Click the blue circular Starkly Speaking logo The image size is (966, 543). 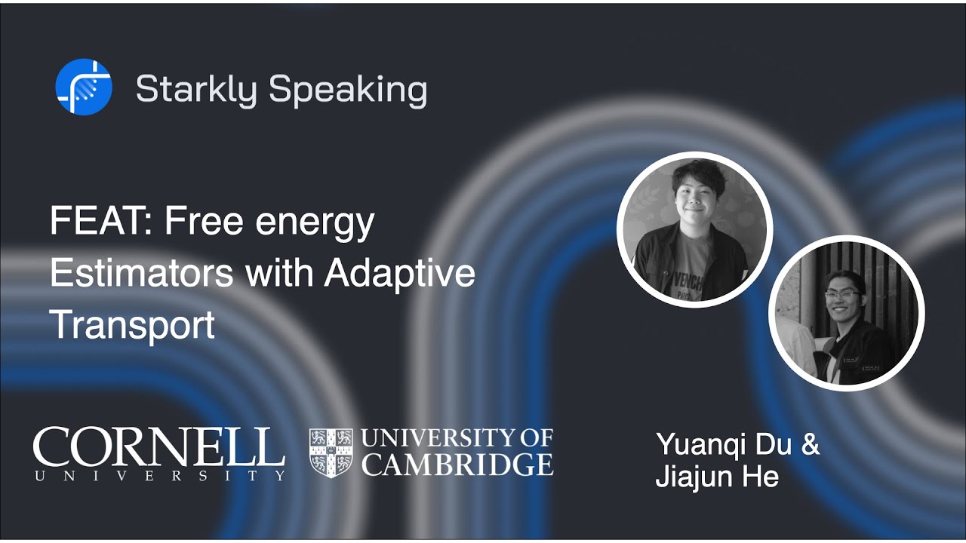[x=84, y=87]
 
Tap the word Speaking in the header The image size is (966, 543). [x=348, y=90]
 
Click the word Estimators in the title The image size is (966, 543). [x=142, y=273]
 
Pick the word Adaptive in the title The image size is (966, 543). [x=400, y=273]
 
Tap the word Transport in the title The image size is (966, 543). [x=132, y=324]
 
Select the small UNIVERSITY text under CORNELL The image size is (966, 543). [x=158, y=475]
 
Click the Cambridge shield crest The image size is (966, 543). [x=331, y=452]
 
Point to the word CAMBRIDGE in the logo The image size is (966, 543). [x=457, y=464]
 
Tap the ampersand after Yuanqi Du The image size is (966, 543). [x=809, y=444]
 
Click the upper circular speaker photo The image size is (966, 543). [x=694, y=229]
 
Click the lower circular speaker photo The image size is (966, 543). [x=846, y=313]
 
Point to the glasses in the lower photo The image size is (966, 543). [x=843, y=293]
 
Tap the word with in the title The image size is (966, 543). [x=279, y=273]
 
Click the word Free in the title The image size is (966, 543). [x=201, y=222]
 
